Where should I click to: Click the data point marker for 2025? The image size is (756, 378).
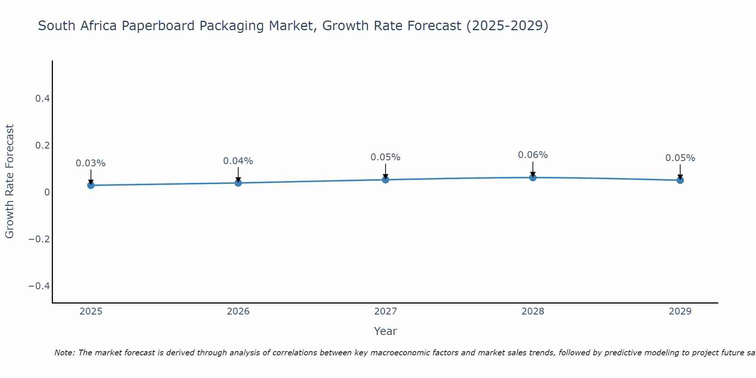click(91, 185)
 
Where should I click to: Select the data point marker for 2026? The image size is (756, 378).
click(238, 183)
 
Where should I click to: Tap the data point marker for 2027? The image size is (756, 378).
click(386, 180)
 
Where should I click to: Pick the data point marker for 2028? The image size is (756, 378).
click(533, 177)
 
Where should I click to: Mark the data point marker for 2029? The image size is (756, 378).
click(680, 180)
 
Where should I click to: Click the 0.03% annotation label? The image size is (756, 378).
click(91, 163)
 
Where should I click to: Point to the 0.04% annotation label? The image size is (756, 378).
click(238, 161)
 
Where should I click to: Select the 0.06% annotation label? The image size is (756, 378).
click(533, 155)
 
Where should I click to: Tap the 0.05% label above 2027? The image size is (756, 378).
click(386, 157)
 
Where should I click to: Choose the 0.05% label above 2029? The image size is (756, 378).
click(680, 158)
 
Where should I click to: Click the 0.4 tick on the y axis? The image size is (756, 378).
click(42, 99)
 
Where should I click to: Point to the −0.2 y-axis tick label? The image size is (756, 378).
click(39, 239)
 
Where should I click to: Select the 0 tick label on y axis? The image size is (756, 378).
click(47, 192)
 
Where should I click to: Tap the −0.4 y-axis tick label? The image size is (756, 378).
click(39, 286)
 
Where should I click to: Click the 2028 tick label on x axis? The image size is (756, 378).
click(533, 311)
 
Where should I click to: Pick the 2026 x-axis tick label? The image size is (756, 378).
click(238, 311)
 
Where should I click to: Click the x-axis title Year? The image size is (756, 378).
click(386, 331)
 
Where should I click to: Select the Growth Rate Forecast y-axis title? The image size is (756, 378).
click(10, 181)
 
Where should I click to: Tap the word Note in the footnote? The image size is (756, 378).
click(64, 353)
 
